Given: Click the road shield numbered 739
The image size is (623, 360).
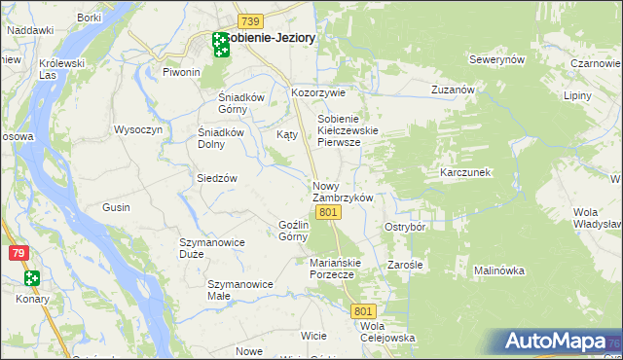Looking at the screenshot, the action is (x=250, y=21).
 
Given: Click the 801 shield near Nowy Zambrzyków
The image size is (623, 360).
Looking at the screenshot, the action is (x=328, y=212).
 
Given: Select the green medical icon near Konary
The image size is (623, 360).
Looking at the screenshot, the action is (x=32, y=278).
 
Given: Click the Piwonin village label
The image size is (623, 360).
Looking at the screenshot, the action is (x=181, y=72).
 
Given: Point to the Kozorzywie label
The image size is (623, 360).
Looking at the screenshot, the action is (x=319, y=93).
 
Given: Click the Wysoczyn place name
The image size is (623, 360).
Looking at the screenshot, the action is (x=138, y=129).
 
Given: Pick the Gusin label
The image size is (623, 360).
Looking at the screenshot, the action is (x=116, y=207).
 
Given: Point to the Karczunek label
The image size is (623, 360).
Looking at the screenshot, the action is (x=463, y=171).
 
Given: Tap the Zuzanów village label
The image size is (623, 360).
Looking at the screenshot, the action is (x=453, y=90).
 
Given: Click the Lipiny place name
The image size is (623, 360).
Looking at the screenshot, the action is (x=577, y=96).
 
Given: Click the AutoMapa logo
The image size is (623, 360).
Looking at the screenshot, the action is (x=554, y=342).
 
